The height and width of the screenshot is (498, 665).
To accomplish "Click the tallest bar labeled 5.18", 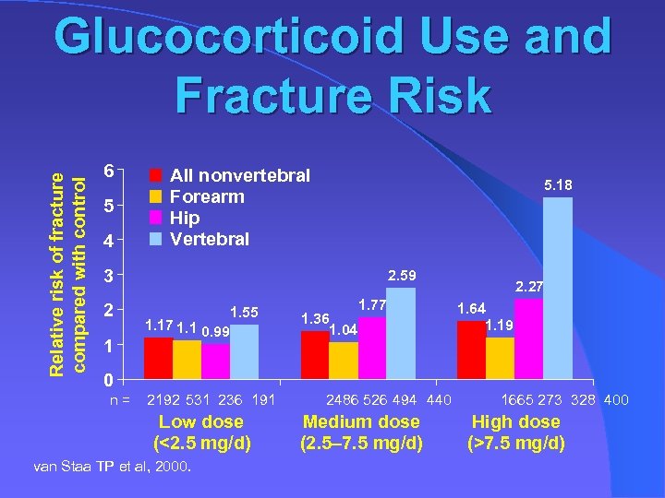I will (x=558, y=289).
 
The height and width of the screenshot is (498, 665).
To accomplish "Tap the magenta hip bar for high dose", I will (x=529, y=338).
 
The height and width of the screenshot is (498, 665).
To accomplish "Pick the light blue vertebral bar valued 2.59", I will (x=401, y=333).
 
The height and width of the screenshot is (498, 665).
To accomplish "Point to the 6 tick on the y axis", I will (x=109, y=172).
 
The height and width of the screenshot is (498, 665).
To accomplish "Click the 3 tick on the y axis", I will (x=109, y=276).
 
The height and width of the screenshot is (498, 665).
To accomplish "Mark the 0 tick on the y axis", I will (x=109, y=379).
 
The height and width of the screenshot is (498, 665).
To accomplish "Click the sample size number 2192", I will (x=166, y=400).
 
